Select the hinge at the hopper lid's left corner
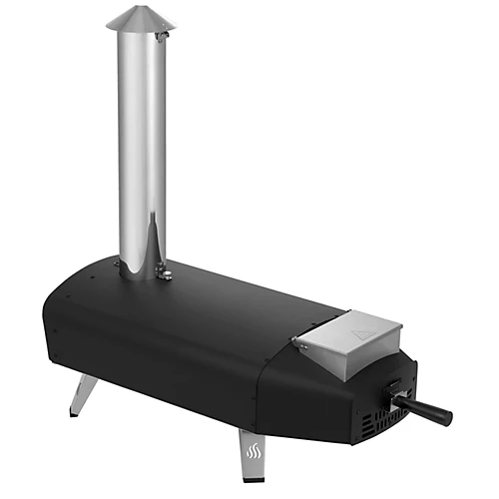297,342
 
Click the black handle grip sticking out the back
424,408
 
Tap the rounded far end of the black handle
446,417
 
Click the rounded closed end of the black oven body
55,319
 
